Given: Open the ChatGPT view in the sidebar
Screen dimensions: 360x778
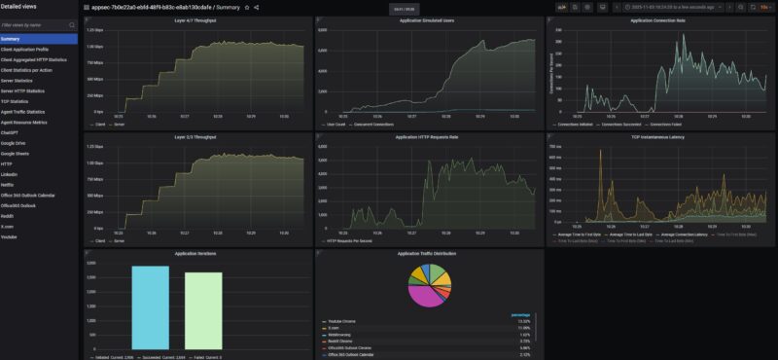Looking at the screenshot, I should pos(13,131).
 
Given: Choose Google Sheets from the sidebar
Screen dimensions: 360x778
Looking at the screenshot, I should pos(17,153).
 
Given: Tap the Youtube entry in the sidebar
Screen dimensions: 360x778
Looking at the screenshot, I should pos(11,236).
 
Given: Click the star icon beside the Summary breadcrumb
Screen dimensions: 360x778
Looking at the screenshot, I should pos(247,7).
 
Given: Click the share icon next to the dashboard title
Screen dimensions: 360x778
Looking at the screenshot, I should pos(257,7).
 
